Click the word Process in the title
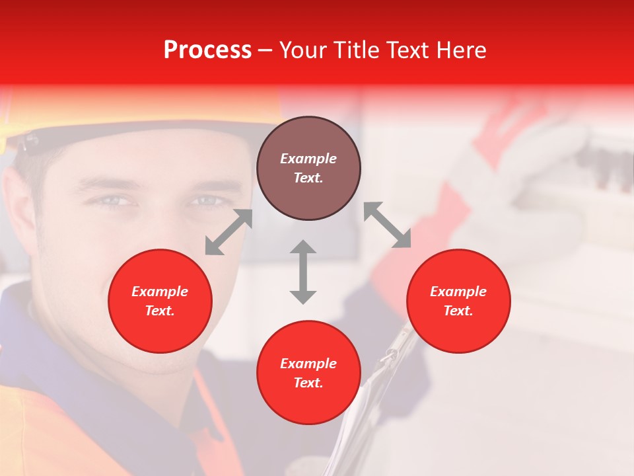tap(207, 50)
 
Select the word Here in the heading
tap(460, 50)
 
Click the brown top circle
tap(308, 169)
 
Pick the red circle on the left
tap(160, 301)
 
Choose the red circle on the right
tap(458, 301)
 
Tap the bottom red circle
tap(308, 373)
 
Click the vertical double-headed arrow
tap(303, 272)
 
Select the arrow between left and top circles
tap(229, 232)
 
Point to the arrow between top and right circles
tap(387, 225)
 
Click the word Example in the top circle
tap(308, 159)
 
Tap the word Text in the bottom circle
tap(308, 383)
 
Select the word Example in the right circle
tap(458, 292)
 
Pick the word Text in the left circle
tap(160, 311)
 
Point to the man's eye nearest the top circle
tap(206, 200)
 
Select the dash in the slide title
tap(265, 50)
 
